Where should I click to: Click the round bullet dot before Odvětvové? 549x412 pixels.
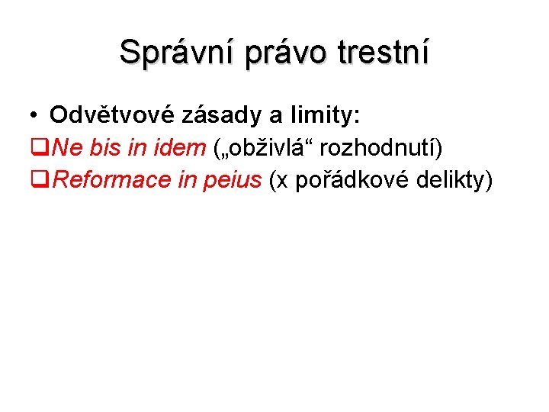pyautogui.click(x=36, y=116)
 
